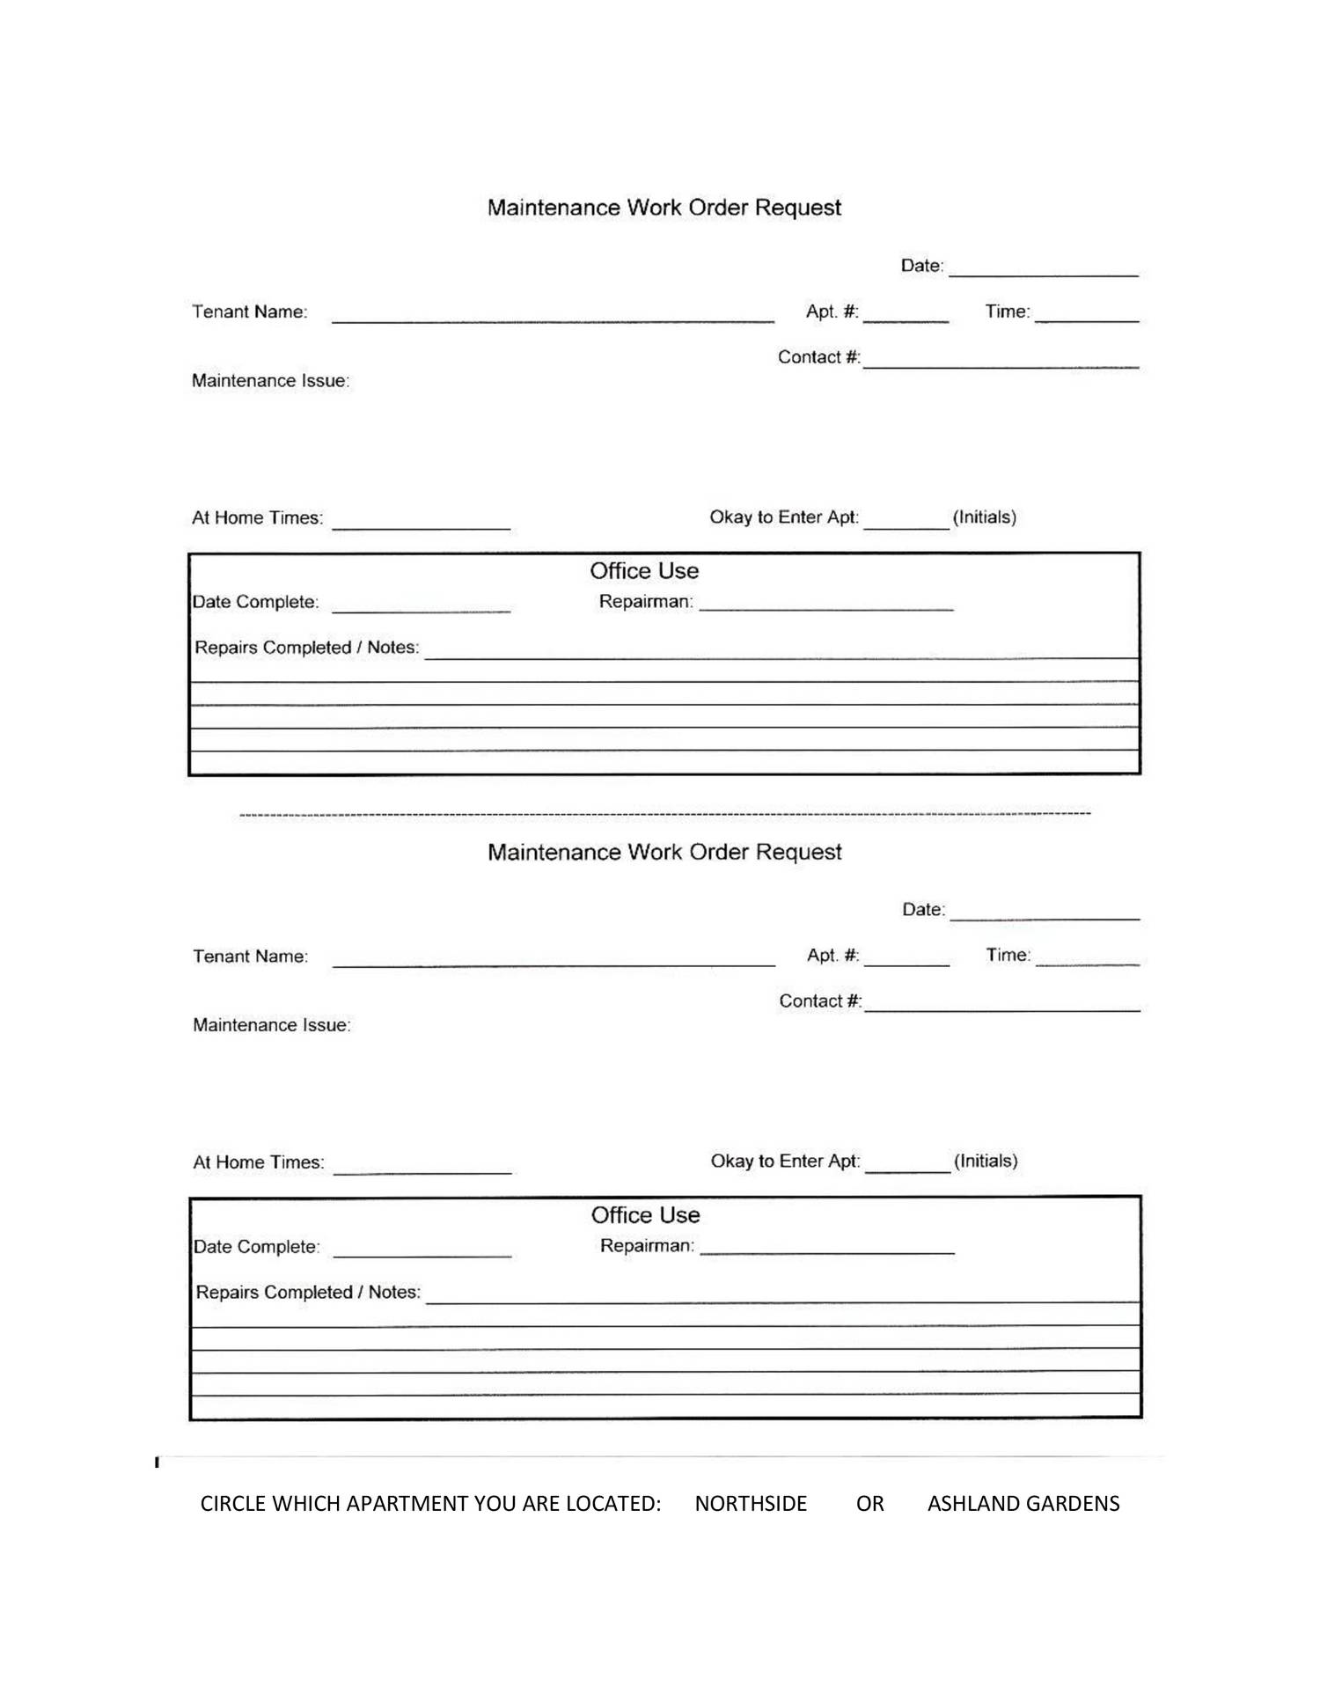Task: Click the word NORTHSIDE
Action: tap(750, 1503)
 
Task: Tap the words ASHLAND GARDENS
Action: tap(1023, 1503)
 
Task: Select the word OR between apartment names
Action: tap(869, 1503)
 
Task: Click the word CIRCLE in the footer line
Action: tap(232, 1503)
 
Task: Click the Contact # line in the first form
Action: tap(1001, 362)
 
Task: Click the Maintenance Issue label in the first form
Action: tap(270, 381)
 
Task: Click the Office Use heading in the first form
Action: tap(644, 571)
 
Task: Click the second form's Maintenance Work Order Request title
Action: tap(664, 852)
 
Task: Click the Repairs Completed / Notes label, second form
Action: tap(308, 1292)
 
